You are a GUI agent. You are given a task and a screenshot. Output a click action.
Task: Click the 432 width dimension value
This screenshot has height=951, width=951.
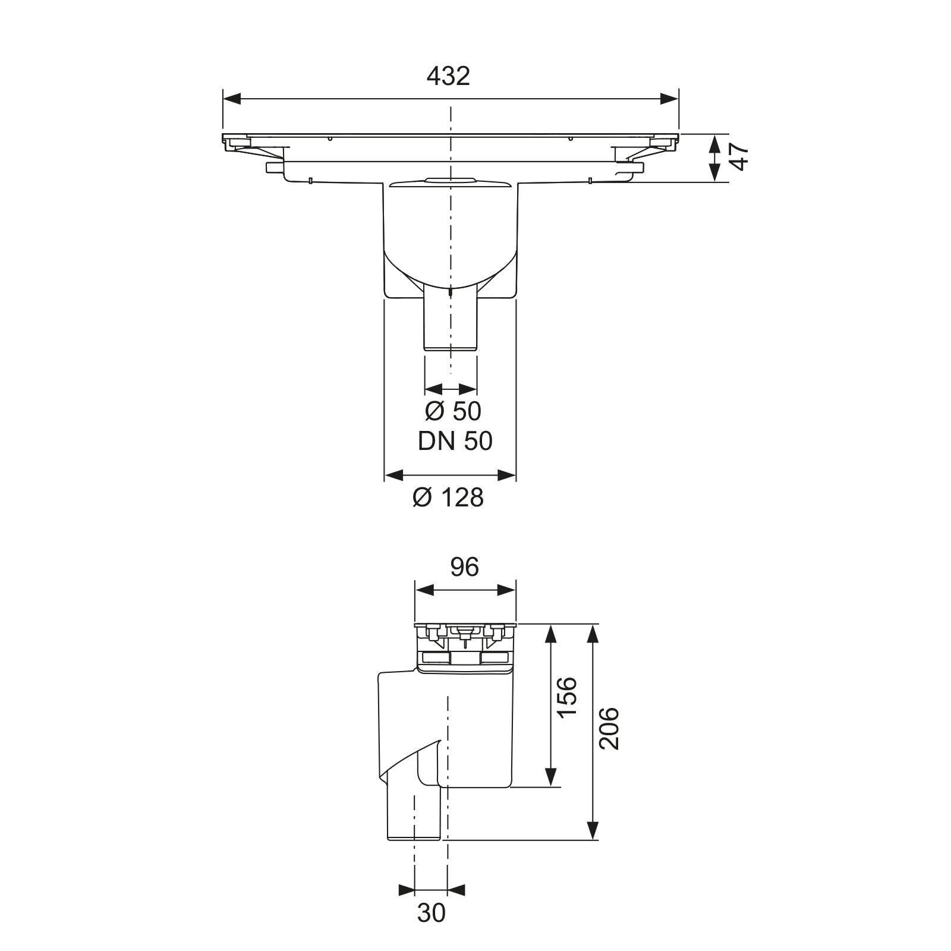tap(449, 76)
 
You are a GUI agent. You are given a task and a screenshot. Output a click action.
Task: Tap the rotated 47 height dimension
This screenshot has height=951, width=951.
tap(739, 158)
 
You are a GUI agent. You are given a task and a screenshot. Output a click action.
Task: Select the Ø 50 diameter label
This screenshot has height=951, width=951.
tap(453, 411)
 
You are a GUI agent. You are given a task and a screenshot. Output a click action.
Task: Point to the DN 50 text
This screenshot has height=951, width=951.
tap(455, 441)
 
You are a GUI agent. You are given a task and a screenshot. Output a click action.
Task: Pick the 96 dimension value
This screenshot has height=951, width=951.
tap(464, 568)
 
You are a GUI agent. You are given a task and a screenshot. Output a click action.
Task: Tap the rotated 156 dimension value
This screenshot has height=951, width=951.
tap(568, 697)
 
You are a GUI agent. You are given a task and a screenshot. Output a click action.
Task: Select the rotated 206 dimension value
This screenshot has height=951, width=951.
tap(609, 728)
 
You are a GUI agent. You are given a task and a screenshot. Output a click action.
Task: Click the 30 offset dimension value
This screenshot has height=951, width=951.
tap(432, 913)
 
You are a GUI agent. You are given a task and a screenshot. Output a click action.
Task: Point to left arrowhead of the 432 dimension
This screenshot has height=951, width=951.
tap(232, 99)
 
